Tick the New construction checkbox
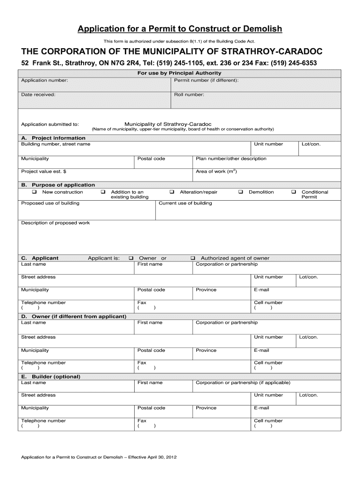(34, 192)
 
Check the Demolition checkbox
(241, 192)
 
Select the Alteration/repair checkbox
(172, 192)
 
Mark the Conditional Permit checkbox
(294, 192)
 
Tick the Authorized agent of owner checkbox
(193, 258)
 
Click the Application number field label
(44, 80)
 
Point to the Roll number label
(189, 94)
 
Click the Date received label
(38, 94)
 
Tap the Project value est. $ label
(43, 172)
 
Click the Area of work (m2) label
(216, 172)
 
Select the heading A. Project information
(53, 138)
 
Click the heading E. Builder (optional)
(50, 377)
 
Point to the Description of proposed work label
(55, 223)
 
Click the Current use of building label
(185, 203)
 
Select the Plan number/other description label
(231, 159)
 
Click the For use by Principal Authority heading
(179, 73)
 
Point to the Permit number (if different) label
(206, 80)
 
